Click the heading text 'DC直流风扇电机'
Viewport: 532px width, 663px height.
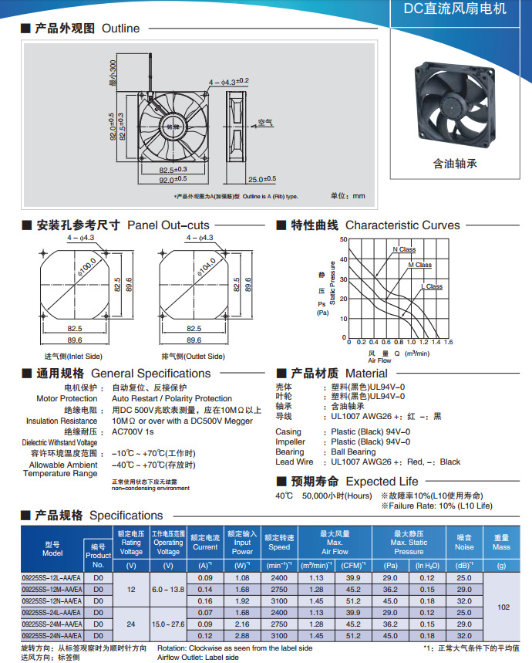pyautogui.click(x=455, y=9)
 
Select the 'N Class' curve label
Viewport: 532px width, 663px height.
pyautogui.click(x=404, y=249)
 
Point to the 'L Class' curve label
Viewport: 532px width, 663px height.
pyautogui.click(x=432, y=286)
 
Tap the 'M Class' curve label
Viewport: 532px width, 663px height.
pyautogui.click(x=419, y=265)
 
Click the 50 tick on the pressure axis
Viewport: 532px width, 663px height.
pyautogui.click(x=343, y=239)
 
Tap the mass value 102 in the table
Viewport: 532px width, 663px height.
pyautogui.click(x=503, y=607)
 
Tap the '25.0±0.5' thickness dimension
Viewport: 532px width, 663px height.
pyautogui.click(x=261, y=178)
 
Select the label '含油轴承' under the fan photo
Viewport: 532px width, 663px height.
pyautogui.click(x=455, y=164)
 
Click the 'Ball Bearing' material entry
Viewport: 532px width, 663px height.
pyautogui.click(x=353, y=452)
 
